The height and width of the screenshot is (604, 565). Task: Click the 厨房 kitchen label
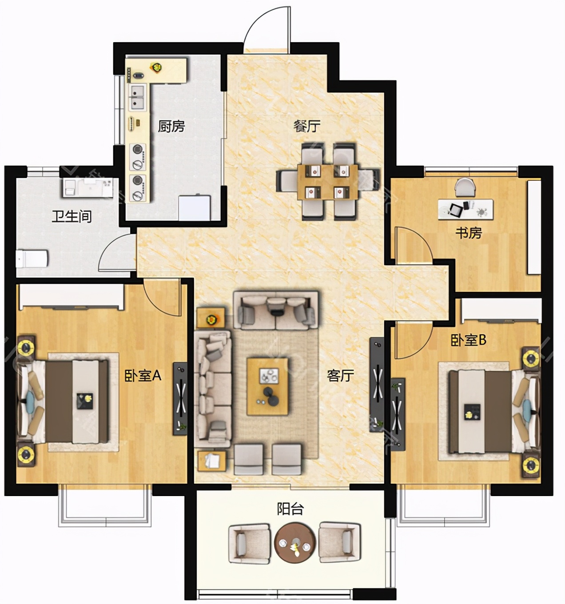[171, 126]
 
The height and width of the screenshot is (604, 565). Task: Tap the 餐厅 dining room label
[306, 126]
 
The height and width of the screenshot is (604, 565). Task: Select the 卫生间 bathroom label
[72, 217]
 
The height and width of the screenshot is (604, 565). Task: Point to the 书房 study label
[469, 233]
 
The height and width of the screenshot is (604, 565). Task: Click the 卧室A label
[143, 376]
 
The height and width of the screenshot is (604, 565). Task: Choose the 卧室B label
[468, 340]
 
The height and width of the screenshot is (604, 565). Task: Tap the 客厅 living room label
[340, 376]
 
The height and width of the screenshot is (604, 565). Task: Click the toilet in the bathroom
[32, 259]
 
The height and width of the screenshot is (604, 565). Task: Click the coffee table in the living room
[267, 386]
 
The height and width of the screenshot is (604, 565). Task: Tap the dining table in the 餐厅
[328, 182]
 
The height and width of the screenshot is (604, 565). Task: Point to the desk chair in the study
[465, 187]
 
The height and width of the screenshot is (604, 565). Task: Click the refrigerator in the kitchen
[195, 208]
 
